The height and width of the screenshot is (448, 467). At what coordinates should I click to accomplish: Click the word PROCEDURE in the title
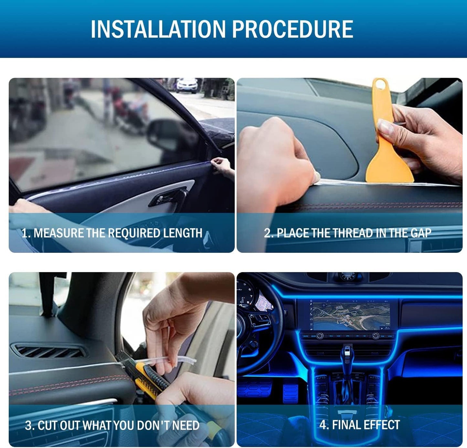pos(292,29)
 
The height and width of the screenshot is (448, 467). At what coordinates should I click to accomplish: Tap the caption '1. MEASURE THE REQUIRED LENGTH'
pos(112,233)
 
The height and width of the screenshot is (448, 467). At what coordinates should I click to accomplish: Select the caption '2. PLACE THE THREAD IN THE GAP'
pos(347,233)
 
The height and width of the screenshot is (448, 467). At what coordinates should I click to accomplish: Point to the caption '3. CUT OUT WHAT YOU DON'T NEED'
pos(112,425)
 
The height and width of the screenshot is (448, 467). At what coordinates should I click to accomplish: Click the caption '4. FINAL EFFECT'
pos(359,425)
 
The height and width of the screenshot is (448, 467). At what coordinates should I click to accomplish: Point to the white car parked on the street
pos(187,85)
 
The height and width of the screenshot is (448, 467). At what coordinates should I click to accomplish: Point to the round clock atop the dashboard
pos(348,276)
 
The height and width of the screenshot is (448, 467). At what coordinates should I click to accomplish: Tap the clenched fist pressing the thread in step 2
pos(275,162)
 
